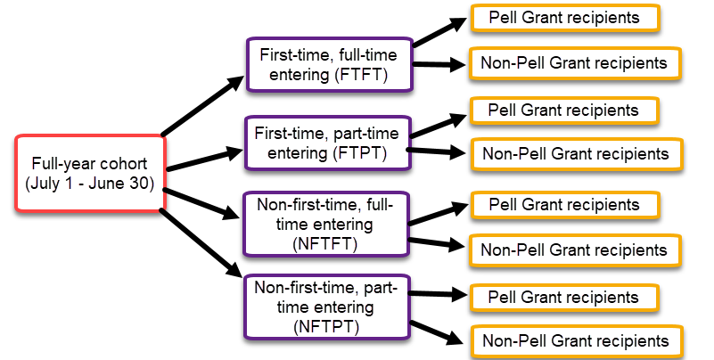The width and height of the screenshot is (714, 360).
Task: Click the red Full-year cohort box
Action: pos(90,173)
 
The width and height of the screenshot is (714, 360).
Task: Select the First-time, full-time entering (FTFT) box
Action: pos(330,65)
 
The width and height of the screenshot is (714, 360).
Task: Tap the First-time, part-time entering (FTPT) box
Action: pos(328,143)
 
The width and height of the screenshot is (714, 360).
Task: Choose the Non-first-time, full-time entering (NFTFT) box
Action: pos(326,224)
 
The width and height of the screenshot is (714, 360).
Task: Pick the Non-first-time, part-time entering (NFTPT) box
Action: pos(327,307)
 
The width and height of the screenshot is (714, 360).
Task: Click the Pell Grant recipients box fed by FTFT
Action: pos(565,18)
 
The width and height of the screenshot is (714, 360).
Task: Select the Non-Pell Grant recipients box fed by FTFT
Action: pos(575,63)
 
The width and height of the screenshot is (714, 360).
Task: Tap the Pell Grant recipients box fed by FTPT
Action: pos(564,110)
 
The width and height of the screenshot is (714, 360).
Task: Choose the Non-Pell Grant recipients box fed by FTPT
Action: pos(577,154)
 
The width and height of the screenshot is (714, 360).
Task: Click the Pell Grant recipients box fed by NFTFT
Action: pos(565,205)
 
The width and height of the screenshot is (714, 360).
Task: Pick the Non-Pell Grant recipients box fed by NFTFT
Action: pos(575,250)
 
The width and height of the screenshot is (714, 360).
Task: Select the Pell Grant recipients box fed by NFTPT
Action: pos(564,298)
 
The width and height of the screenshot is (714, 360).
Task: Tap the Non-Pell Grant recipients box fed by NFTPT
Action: pos(577,341)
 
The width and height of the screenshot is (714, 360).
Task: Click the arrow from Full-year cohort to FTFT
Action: pos(203,105)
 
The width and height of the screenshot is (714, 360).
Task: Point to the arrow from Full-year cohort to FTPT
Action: pos(205,159)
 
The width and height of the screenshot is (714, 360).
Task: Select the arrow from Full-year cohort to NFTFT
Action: pos(201,204)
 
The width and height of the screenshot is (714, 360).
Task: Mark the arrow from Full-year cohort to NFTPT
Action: pos(201,242)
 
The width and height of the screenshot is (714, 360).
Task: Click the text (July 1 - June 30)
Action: pos(90,184)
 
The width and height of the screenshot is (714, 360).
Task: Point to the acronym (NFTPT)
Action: pos(326,327)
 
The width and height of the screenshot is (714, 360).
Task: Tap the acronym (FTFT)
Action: pos(361,75)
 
